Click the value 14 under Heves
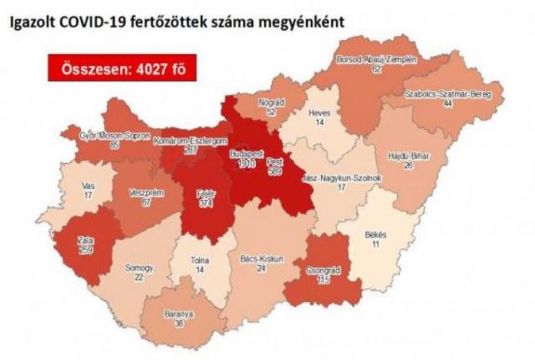[319, 122]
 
